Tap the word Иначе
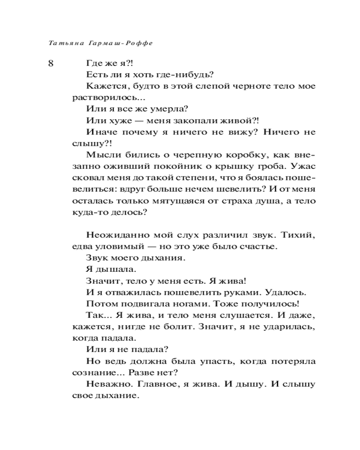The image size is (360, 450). point(99,133)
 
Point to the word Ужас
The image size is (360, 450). point(302,167)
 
